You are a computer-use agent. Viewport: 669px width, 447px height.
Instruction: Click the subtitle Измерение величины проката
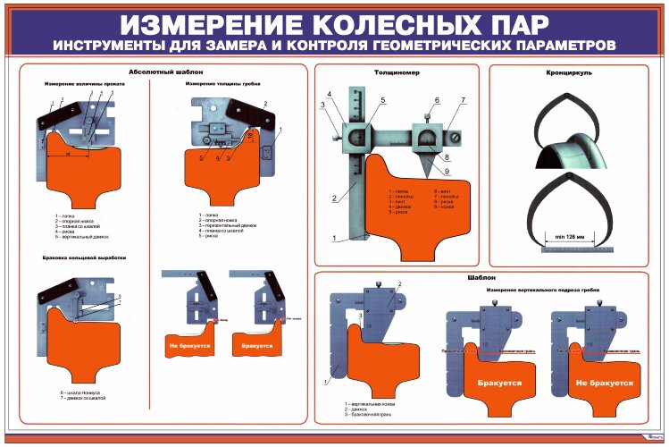pos(86,84)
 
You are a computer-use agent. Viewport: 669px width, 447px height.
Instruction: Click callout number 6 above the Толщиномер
pos(438,99)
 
